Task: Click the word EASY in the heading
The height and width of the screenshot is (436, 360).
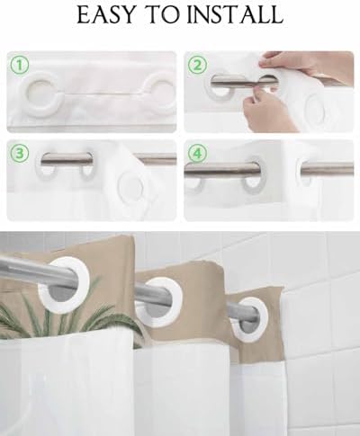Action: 106,14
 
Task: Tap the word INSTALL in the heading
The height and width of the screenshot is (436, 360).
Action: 235,14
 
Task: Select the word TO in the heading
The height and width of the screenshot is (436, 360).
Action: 161,14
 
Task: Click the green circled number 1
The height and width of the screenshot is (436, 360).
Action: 20,65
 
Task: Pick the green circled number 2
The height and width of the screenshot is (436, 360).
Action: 197,65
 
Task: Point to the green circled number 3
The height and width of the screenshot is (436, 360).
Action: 20,154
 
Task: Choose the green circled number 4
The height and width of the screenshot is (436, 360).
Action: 197,154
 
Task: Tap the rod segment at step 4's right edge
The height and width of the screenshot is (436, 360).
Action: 327,167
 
